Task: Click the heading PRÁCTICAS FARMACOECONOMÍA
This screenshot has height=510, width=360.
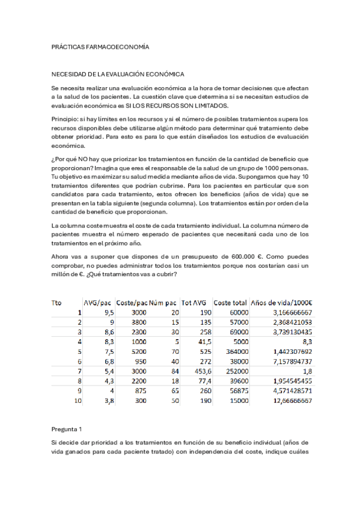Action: [100, 46]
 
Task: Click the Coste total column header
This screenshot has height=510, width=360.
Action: [231, 303]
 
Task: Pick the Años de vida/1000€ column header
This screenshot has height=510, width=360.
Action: [282, 303]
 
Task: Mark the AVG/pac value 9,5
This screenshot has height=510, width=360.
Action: [108, 313]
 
